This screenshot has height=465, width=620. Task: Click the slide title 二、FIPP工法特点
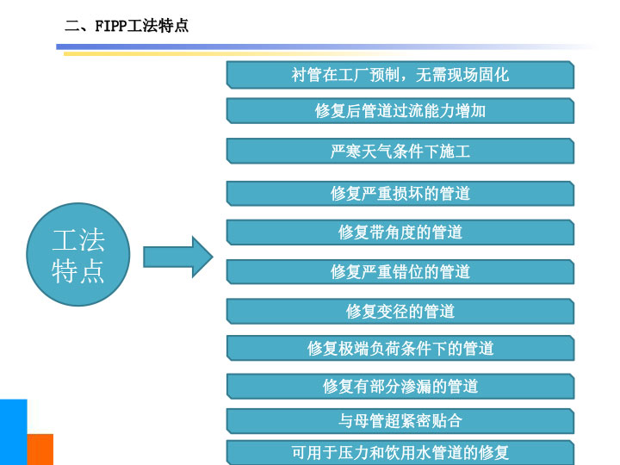pyautogui.click(x=127, y=26)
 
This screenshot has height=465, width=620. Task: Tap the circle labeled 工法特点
pyautogui.click(x=78, y=254)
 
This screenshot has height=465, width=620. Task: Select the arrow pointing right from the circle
pyautogui.click(x=178, y=257)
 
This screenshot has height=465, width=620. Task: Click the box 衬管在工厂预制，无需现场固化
pyautogui.click(x=400, y=75)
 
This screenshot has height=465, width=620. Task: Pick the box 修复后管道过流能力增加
pyautogui.click(x=400, y=111)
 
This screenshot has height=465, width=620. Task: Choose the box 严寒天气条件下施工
pyautogui.click(x=400, y=151)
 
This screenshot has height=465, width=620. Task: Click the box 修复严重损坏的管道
pyautogui.click(x=400, y=194)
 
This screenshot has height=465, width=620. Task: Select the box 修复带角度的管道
pyautogui.click(x=400, y=232)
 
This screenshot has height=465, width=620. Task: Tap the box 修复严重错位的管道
pyautogui.click(x=400, y=271)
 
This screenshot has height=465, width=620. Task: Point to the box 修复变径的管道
pyautogui.click(x=400, y=311)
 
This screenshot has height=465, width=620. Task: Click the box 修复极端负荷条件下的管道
pyautogui.click(x=400, y=349)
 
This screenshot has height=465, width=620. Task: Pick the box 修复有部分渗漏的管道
pyautogui.click(x=400, y=387)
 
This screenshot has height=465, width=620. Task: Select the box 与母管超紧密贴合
pyautogui.click(x=400, y=421)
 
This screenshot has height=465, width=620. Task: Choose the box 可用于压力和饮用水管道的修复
pyautogui.click(x=400, y=452)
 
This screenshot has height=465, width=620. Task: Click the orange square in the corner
pyautogui.click(x=40, y=449)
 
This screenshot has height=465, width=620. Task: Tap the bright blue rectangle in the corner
pyautogui.click(x=14, y=432)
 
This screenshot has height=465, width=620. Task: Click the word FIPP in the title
pyautogui.click(x=111, y=26)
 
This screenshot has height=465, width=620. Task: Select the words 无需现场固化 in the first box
pyautogui.click(x=462, y=75)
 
